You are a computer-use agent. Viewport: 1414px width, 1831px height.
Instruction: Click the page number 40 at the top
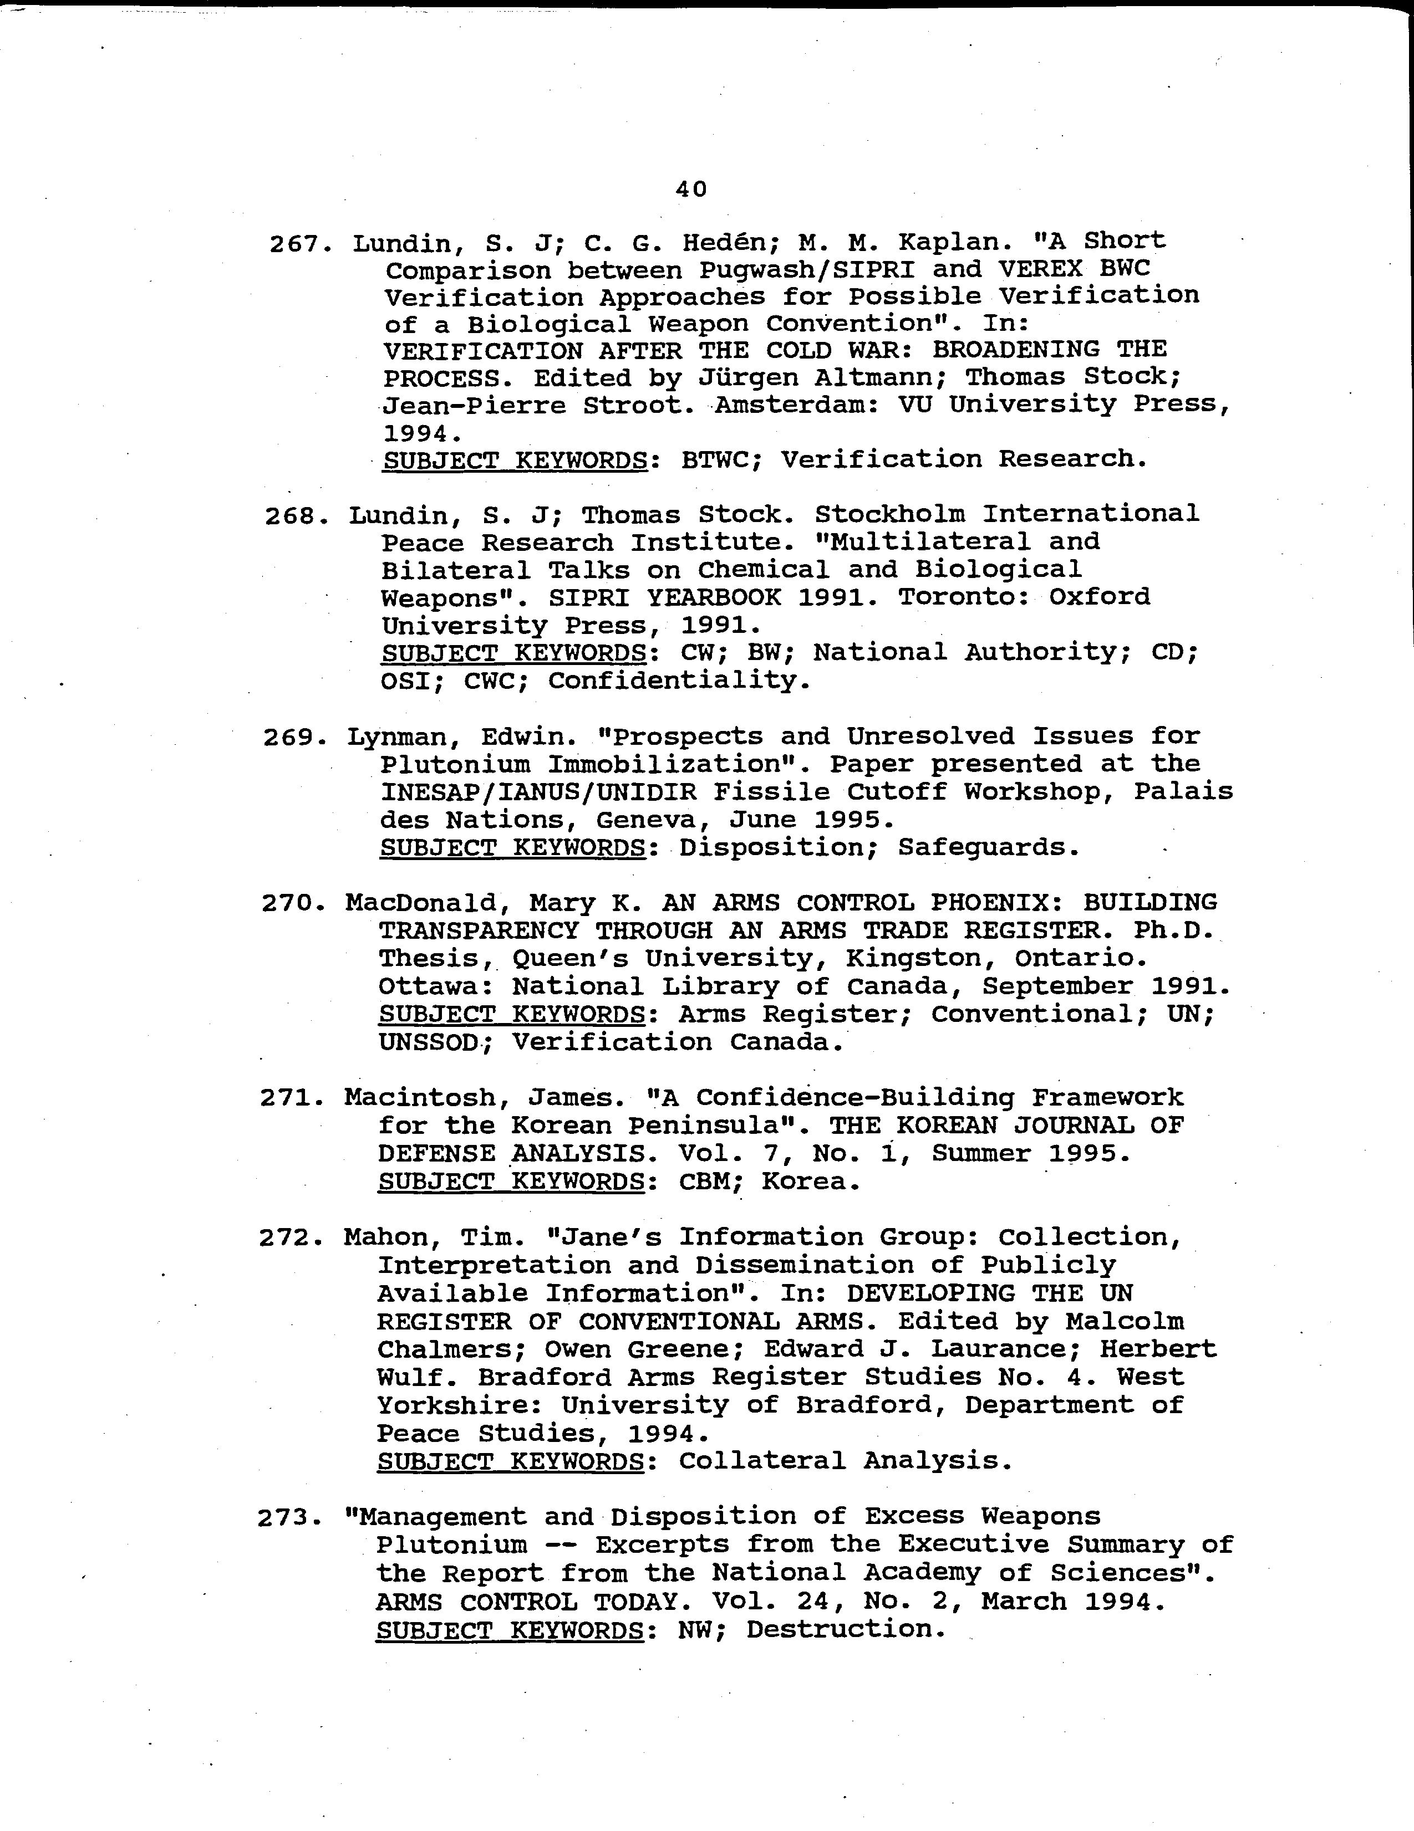click(691, 190)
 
